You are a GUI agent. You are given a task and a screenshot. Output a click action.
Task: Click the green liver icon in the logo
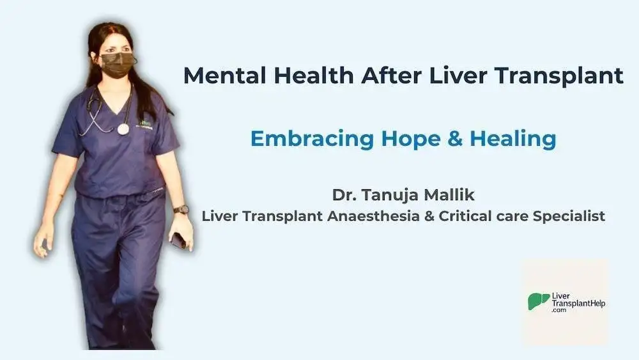click(x=538, y=301)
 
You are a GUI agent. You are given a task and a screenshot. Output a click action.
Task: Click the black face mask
click(x=117, y=65)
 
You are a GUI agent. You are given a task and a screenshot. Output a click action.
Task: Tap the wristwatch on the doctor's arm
click(x=181, y=209)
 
